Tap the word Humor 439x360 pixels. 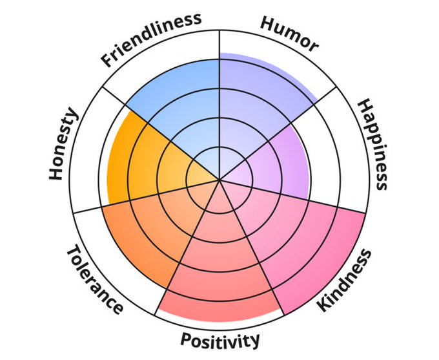click(x=289, y=33)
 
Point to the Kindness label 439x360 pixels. click(x=346, y=279)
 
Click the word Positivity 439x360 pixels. click(x=221, y=340)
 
